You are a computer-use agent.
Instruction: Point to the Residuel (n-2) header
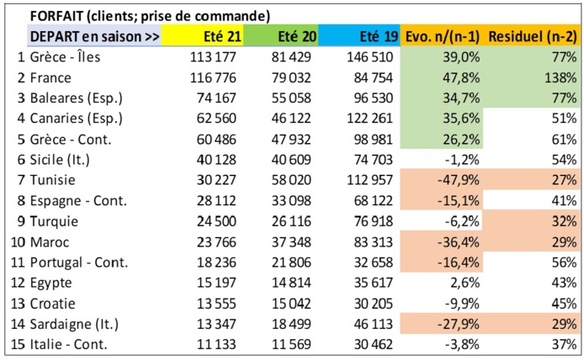[x=533, y=38]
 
